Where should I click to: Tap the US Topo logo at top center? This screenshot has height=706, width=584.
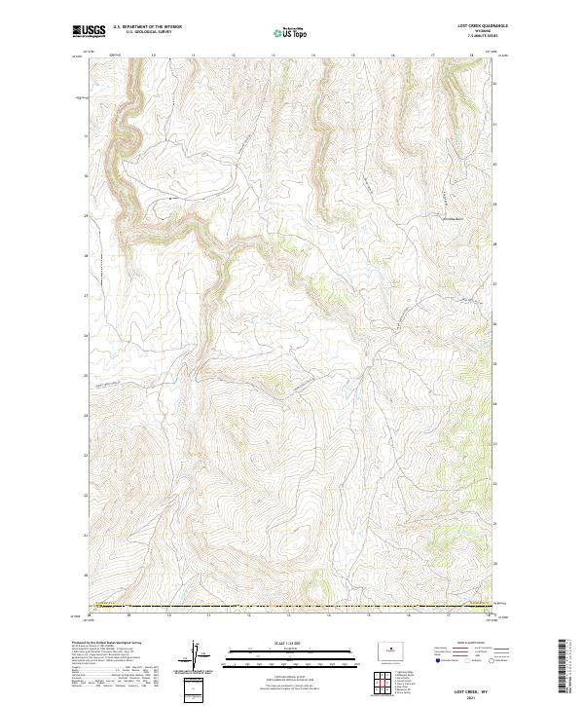pyautogui.click(x=292, y=33)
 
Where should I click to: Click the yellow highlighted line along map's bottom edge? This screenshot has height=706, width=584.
pyautogui.click(x=292, y=607)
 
